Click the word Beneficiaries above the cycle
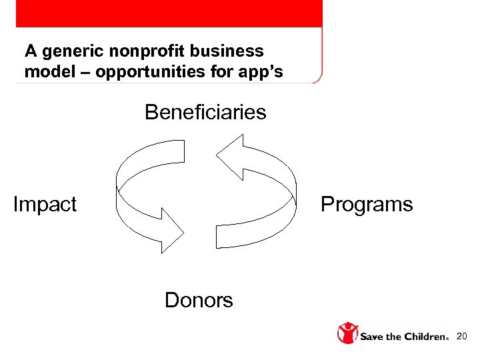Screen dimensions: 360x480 point(205,112)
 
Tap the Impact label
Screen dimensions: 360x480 point(45,204)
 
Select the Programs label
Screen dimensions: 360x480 point(367,204)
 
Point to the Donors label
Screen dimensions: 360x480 point(199,301)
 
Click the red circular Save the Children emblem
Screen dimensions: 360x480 point(347,333)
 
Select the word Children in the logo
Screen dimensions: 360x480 point(424,337)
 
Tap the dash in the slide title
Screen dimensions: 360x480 point(83,72)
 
